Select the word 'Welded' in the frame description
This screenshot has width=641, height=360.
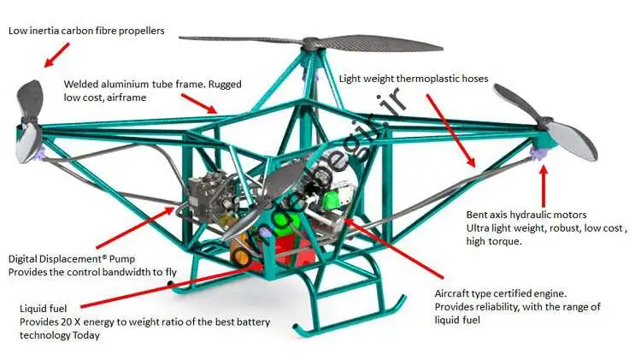point(82,85)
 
